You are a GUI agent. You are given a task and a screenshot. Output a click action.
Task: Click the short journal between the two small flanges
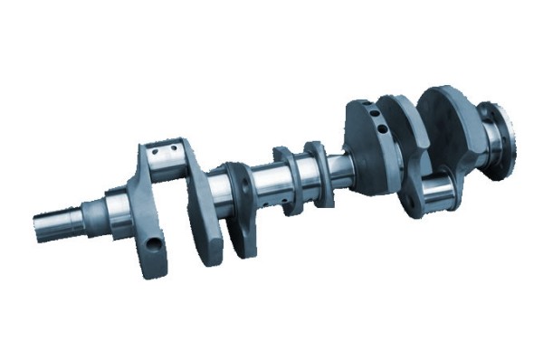[303, 172]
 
